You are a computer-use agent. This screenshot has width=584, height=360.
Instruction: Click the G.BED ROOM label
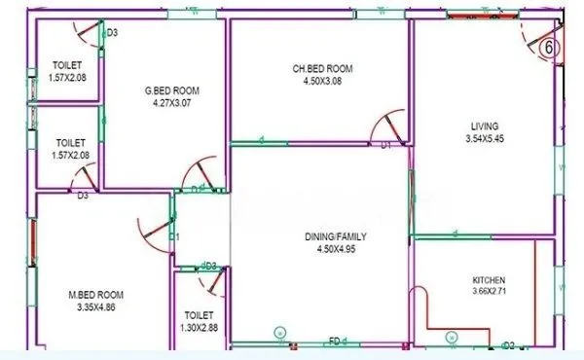click(164, 90)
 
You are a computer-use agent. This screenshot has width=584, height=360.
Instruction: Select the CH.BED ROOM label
click(322, 69)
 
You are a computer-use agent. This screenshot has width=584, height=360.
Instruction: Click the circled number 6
click(549, 46)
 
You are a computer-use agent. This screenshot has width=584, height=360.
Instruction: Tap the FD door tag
click(334, 342)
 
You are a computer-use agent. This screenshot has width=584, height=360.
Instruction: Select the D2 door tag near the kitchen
click(507, 344)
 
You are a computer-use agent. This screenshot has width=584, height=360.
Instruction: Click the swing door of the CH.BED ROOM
click(387, 126)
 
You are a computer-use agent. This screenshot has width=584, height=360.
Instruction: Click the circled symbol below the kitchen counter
click(451, 336)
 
